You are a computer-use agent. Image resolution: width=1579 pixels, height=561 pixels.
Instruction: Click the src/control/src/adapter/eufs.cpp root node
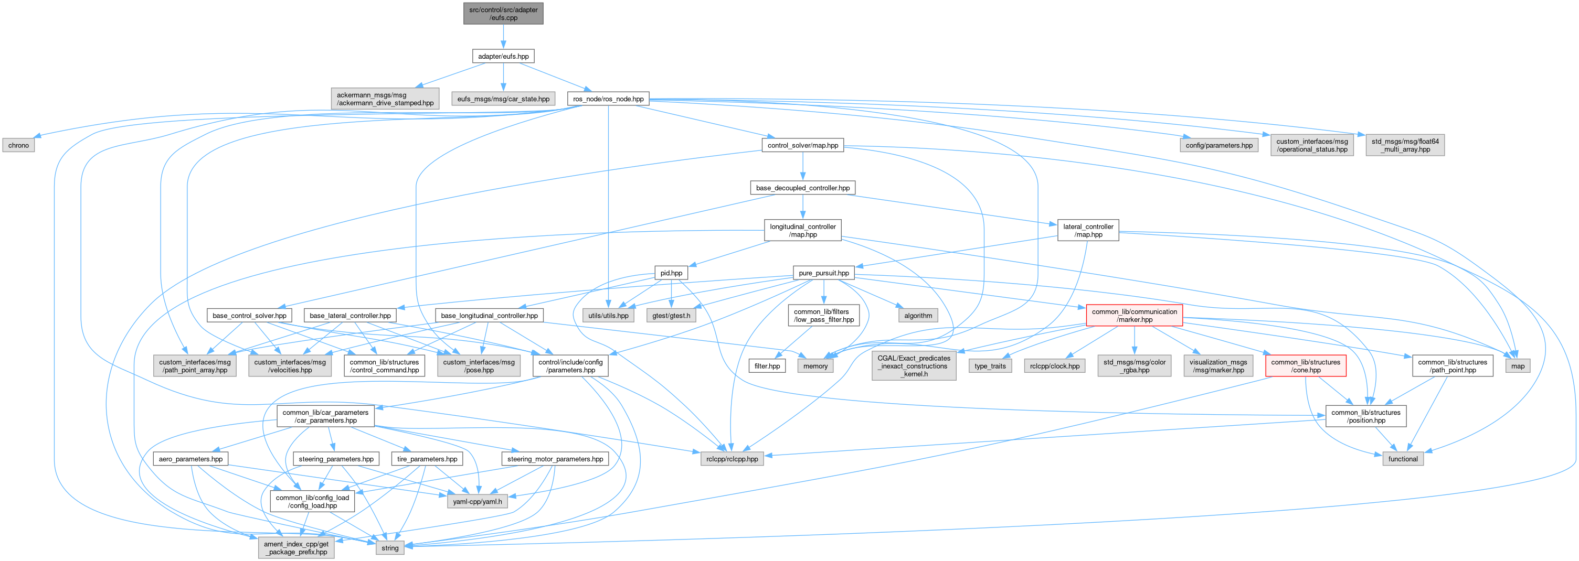[x=503, y=14]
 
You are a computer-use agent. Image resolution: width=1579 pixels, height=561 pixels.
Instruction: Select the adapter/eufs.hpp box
[x=503, y=56]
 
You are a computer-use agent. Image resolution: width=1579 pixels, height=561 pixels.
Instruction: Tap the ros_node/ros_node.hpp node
[x=608, y=99]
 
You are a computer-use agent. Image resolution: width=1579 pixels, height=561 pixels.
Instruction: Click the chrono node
[x=18, y=145]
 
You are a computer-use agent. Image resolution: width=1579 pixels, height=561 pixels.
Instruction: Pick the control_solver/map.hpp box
[x=802, y=145]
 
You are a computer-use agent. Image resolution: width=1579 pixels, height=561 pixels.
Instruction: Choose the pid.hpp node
[x=671, y=273]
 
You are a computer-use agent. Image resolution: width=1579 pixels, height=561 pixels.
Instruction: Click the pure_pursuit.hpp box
[x=823, y=273]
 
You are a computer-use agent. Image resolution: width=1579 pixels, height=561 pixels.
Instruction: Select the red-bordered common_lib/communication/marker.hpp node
[x=1134, y=316]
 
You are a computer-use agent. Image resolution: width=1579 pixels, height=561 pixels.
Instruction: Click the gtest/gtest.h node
[x=671, y=316]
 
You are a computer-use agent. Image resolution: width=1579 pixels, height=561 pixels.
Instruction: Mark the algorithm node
[x=918, y=316]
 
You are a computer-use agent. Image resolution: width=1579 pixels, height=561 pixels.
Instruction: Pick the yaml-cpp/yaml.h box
[x=477, y=501]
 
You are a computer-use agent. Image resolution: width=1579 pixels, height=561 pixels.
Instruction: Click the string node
[x=390, y=547]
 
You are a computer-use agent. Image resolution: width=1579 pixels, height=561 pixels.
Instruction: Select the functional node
[x=1403, y=459]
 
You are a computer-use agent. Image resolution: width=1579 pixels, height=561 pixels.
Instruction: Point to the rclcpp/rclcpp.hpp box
[x=732, y=459]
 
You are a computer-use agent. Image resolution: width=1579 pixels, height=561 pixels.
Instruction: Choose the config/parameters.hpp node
[x=1218, y=145]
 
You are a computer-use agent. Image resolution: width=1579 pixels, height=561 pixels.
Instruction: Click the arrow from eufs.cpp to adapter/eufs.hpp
[x=503, y=37]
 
